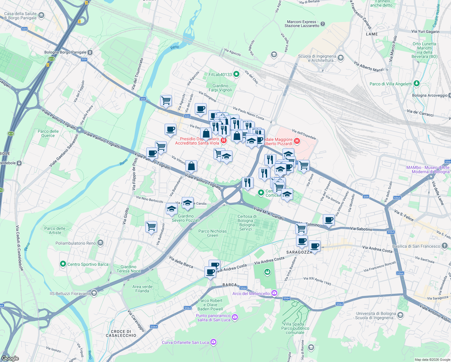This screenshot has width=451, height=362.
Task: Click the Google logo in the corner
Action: pyautogui.click(x=10, y=358)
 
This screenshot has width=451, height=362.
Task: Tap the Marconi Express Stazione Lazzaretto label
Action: pyautogui.click(x=302, y=24)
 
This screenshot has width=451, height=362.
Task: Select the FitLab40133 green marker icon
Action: pyautogui.click(x=236, y=74)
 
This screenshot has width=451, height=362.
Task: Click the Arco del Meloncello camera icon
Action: pyautogui.click(x=274, y=293)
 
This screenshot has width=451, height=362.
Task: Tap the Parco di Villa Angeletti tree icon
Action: pyautogui.click(x=416, y=83)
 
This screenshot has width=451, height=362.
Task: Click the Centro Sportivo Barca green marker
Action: pyautogui.click(x=63, y=264)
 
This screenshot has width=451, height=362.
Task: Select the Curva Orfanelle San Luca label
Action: pyautogui.click(x=185, y=342)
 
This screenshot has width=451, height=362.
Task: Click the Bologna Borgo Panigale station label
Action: pyautogui.click(x=65, y=52)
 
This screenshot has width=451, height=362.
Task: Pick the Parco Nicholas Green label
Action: pyautogui.click(x=213, y=233)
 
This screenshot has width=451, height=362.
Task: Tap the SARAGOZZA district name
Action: pyautogui.click(x=299, y=252)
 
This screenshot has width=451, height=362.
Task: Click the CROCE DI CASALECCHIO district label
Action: pyautogui.click(x=121, y=333)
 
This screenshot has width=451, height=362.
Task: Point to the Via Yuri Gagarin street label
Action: pyautogui.click(x=425, y=31)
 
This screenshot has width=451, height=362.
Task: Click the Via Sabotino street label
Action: pyautogui.click(x=361, y=229)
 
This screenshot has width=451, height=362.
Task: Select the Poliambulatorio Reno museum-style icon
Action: pyautogui.click(x=100, y=243)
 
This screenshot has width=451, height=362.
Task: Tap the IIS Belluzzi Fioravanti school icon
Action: pyautogui.click(x=94, y=293)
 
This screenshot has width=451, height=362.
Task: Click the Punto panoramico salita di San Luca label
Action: pyautogui.click(x=213, y=318)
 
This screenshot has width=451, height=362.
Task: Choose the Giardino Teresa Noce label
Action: pyautogui.click(x=129, y=269)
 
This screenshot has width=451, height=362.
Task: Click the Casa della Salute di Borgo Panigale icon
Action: pyautogui.click(x=41, y=15)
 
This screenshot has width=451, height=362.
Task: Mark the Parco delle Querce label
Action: pyautogui.click(x=48, y=133)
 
